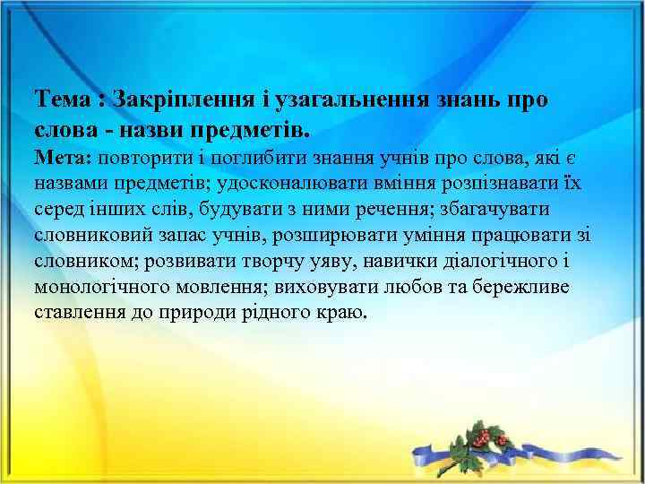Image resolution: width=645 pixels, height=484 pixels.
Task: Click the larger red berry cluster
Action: (487, 436)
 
